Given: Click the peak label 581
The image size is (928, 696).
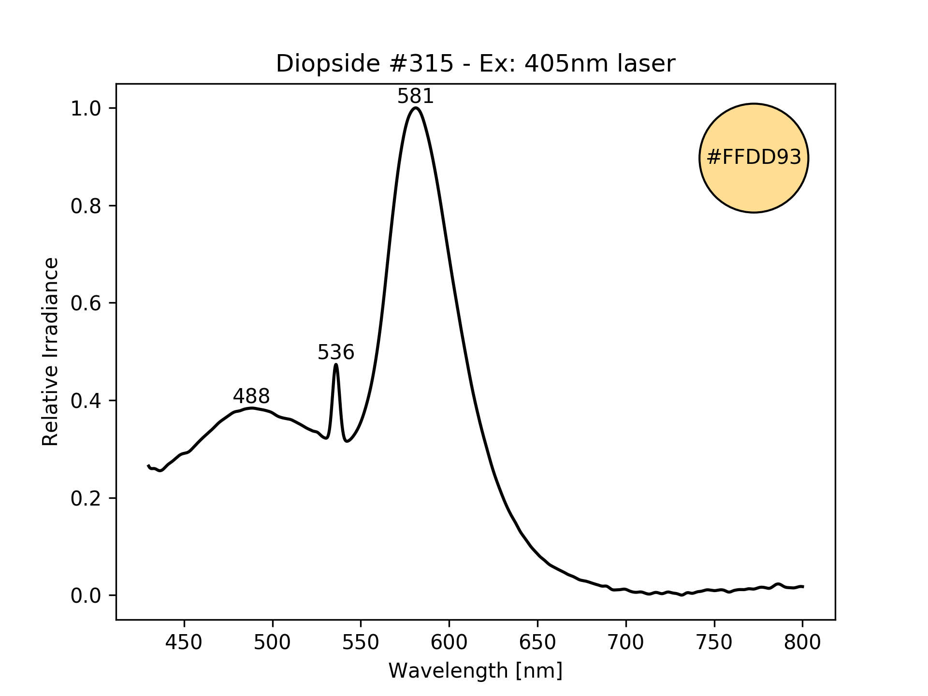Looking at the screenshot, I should pyautogui.click(x=415, y=97).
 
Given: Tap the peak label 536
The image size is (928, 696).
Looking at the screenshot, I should pyautogui.click(x=335, y=352).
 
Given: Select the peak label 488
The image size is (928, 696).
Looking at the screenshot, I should pyautogui.click(x=251, y=396).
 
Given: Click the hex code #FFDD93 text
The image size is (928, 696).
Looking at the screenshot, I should pyautogui.click(x=754, y=158).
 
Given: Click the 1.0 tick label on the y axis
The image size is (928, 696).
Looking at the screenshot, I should pyautogui.click(x=86, y=108).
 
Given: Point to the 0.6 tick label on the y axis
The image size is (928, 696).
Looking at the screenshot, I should pyautogui.click(x=86, y=303).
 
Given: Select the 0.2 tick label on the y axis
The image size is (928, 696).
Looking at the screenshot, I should pyautogui.click(x=86, y=498).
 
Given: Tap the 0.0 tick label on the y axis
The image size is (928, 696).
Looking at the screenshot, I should pyautogui.click(x=86, y=595).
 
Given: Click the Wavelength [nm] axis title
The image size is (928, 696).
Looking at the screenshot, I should pyautogui.click(x=475, y=671).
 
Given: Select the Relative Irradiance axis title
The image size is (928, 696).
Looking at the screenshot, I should pyautogui.click(x=50, y=351).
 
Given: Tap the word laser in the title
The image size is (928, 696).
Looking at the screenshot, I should pyautogui.click(x=649, y=64).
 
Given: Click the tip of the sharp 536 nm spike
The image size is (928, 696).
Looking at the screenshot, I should pyautogui.click(x=336, y=364).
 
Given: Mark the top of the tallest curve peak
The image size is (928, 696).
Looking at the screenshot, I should pyautogui.click(x=416, y=108).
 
